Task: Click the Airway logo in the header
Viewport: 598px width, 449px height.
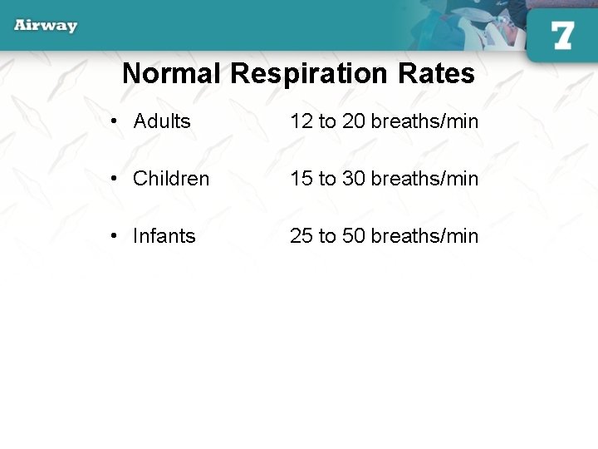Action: (x=46, y=25)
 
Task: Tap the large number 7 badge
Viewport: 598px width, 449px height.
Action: (x=562, y=36)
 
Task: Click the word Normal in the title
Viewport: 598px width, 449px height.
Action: (x=172, y=74)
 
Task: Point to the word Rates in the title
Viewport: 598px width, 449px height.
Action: (x=436, y=74)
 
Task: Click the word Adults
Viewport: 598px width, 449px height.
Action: (x=162, y=121)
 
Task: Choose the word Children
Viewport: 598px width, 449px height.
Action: (x=171, y=179)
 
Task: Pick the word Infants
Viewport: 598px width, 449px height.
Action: (x=164, y=236)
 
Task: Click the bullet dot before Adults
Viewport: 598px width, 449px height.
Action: (x=114, y=122)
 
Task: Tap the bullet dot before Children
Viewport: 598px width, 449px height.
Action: (x=114, y=180)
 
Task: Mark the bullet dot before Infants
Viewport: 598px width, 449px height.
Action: (x=114, y=237)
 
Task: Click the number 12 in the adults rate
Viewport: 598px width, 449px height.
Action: (x=301, y=121)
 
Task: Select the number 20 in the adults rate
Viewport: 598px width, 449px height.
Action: (x=353, y=121)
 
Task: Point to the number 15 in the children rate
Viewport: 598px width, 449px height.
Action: (x=301, y=179)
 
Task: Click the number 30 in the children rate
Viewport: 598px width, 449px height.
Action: (x=353, y=179)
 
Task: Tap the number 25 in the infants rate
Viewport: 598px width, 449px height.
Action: (x=301, y=236)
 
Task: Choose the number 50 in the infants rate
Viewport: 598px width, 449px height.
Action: (x=353, y=236)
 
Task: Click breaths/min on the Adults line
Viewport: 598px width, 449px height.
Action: (x=424, y=121)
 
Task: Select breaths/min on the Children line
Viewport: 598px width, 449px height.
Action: (x=424, y=179)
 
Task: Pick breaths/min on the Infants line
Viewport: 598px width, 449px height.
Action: (x=424, y=236)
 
